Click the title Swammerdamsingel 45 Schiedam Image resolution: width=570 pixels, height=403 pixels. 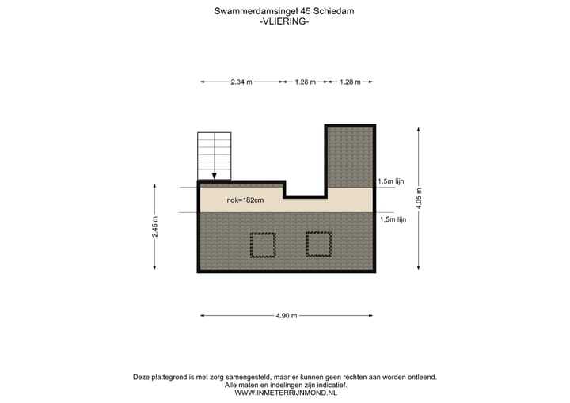coord(284,11)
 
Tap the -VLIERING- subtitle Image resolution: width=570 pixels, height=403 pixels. coord(284,22)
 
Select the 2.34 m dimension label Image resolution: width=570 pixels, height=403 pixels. coord(241,82)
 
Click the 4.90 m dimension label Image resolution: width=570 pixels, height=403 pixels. coord(286,316)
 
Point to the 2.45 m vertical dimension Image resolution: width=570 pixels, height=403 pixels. coord(156,227)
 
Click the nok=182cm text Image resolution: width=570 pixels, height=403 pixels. coord(245,200)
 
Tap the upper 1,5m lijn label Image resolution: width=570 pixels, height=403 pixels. coord(392,181)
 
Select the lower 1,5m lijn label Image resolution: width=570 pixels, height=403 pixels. coord(393,219)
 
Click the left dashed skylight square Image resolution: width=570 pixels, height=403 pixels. coord(262,245)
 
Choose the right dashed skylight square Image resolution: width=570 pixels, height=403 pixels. coord(318,245)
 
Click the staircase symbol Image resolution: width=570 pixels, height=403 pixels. coord(215,154)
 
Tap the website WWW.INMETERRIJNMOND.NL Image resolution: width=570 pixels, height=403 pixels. coord(285,393)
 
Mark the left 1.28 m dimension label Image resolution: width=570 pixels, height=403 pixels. coord(305,82)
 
